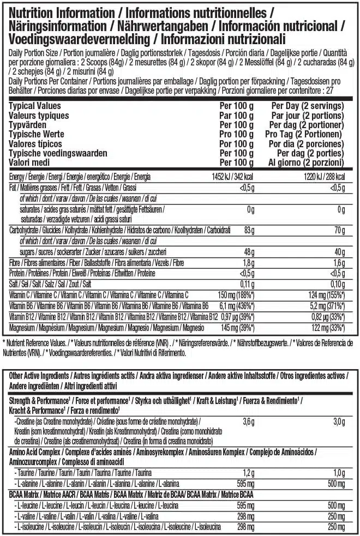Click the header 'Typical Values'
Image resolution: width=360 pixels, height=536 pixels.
[x=35, y=106]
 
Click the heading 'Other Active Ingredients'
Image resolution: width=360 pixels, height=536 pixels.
[x=38, y=376]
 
